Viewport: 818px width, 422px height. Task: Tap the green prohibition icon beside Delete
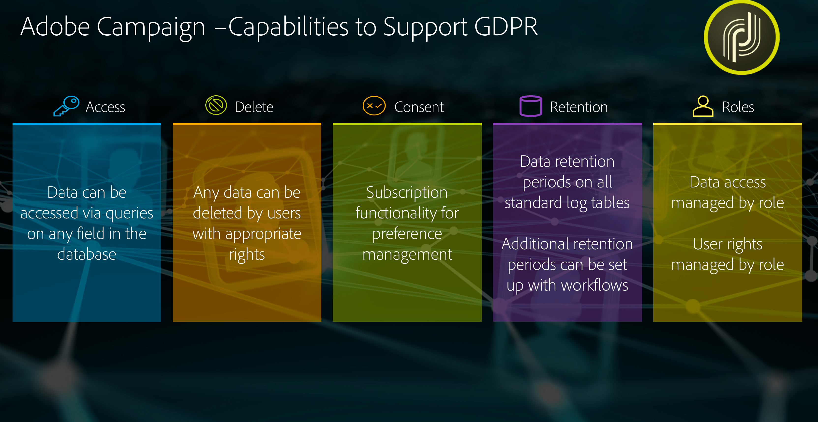tap(216, 105)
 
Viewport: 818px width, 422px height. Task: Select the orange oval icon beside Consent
tap(374, 106)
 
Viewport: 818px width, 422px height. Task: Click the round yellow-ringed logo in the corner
tap(742, 37)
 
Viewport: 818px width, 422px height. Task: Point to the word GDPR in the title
tap(506, 27)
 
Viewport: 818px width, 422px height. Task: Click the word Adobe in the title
tap(55, 27)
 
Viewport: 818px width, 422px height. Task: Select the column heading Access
tap(105, 107)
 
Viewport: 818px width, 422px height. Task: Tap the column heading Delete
tap(254, 107)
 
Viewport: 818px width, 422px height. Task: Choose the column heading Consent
tap(419, 107)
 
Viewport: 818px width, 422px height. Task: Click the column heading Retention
tap(579, 107)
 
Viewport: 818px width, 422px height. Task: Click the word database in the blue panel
tap(87, 254)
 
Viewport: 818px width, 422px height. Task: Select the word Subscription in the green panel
tap(407, 193)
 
